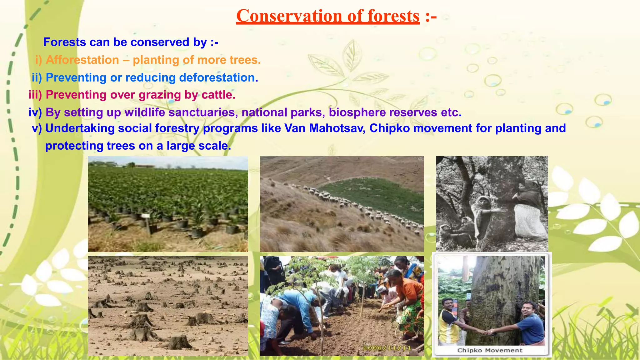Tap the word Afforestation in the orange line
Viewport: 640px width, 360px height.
pos(82,60)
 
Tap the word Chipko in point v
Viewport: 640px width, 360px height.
pos(389,128)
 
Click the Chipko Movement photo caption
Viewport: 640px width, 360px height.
pos(490,350)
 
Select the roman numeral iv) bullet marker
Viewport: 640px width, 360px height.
pos(35,112)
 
